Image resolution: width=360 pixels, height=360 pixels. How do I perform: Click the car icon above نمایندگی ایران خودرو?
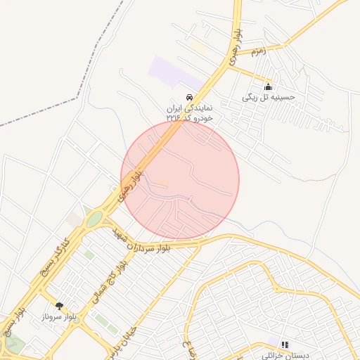pyautogui.click(x=188, y=96)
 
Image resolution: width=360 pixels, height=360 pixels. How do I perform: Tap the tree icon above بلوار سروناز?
pyautogui.click(x=59, y=306)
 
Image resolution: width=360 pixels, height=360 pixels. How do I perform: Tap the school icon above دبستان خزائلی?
pyautogui.click(x=285, y=345)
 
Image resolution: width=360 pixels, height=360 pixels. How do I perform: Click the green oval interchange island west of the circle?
pyautogui.click(x=94, y=220)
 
